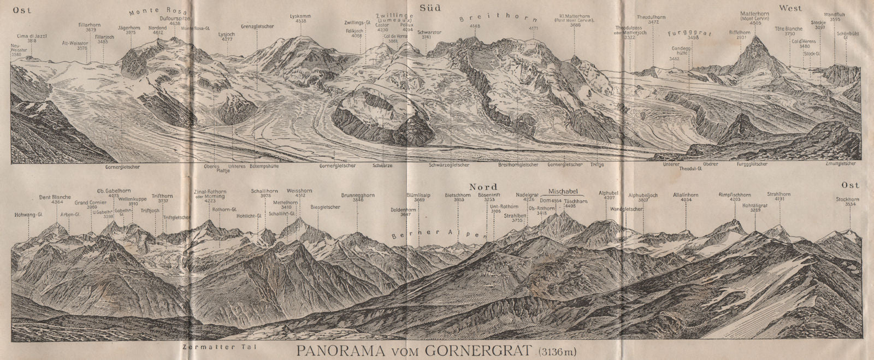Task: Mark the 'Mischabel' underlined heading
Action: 562,192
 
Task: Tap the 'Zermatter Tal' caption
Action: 211,346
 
